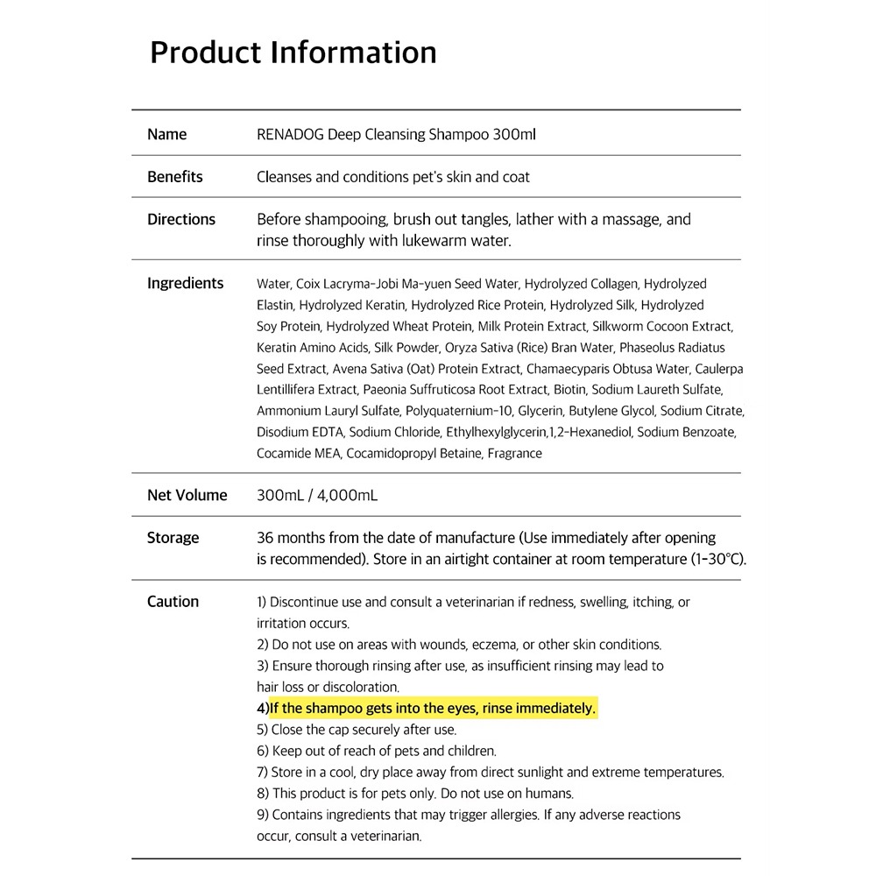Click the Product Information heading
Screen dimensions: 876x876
pos(293,53)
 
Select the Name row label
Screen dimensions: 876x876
pos(166,135)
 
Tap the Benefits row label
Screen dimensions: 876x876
pos(174,177)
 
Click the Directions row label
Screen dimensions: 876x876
pos(180,220)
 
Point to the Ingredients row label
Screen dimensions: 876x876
pos(185,284)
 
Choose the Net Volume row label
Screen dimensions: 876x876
pos(187,496)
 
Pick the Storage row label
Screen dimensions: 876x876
pos(173,538)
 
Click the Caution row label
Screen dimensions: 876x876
pos(173,602)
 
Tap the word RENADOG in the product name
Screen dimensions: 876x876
pos(290,135)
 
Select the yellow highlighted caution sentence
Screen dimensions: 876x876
pos(433,708)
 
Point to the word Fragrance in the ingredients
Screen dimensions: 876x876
pos(514,454)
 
